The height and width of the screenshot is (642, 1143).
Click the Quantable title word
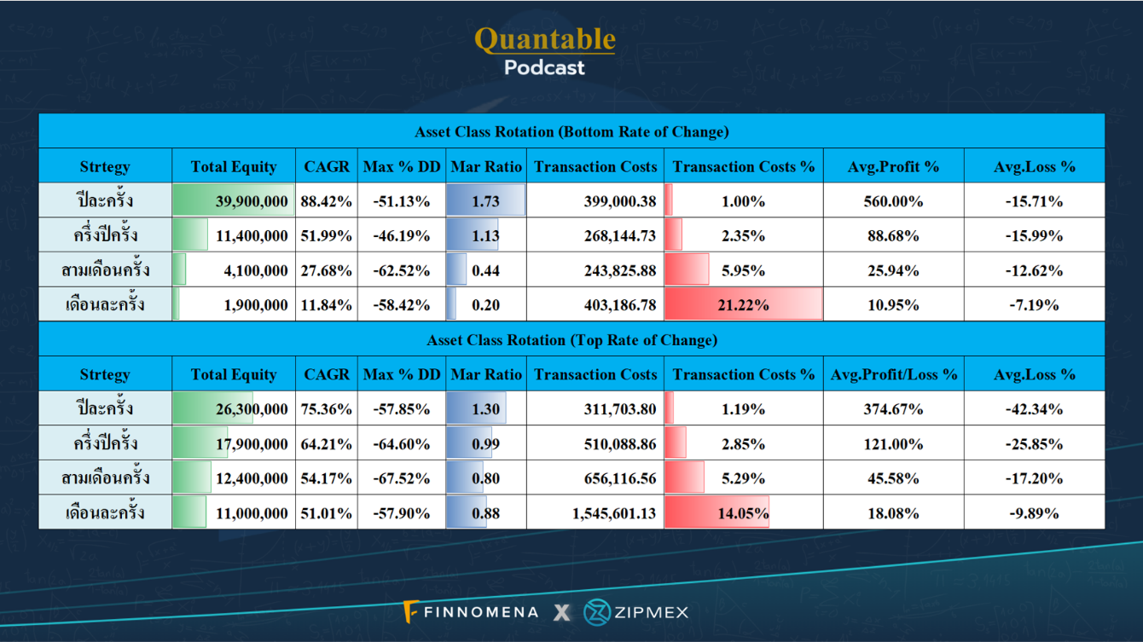(544, 38)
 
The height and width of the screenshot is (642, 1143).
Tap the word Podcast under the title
(544, 67)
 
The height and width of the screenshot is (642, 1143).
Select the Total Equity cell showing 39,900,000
(251, 201)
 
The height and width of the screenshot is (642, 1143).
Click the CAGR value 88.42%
(326, 201)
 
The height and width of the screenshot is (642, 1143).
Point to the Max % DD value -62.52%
(401, 270)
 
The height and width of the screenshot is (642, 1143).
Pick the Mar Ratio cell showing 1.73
(485, 201)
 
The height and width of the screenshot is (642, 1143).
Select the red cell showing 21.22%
(743, 304)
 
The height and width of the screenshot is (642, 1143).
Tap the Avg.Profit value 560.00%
(893, 201)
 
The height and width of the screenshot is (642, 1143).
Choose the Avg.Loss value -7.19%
(1034, 304)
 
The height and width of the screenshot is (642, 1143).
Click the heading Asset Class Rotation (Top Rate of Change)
(571, 340)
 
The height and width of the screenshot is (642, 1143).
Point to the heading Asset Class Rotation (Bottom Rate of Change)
(571, 132)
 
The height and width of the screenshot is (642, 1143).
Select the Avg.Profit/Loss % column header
(893, 374)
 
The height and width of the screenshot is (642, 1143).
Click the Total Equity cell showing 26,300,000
(251, 409)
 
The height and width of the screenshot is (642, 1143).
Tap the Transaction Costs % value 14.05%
(743, 513)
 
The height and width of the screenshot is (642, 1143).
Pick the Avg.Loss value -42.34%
(1034, 409)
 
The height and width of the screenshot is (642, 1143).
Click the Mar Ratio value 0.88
(485, 513)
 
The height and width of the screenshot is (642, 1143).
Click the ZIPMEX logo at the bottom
(635, 612)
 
